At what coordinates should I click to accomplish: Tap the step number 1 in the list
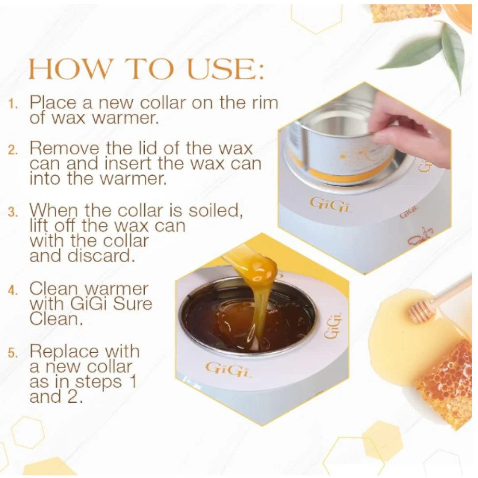tap(13, 104)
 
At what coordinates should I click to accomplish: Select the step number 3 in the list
tap(13, 212)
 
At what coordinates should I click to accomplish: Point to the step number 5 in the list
tap(13, 353)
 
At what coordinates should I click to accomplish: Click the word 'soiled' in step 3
tap(215, 210)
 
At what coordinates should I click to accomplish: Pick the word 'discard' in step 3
tap(101, 255)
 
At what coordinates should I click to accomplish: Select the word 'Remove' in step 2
tap(64, 148)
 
